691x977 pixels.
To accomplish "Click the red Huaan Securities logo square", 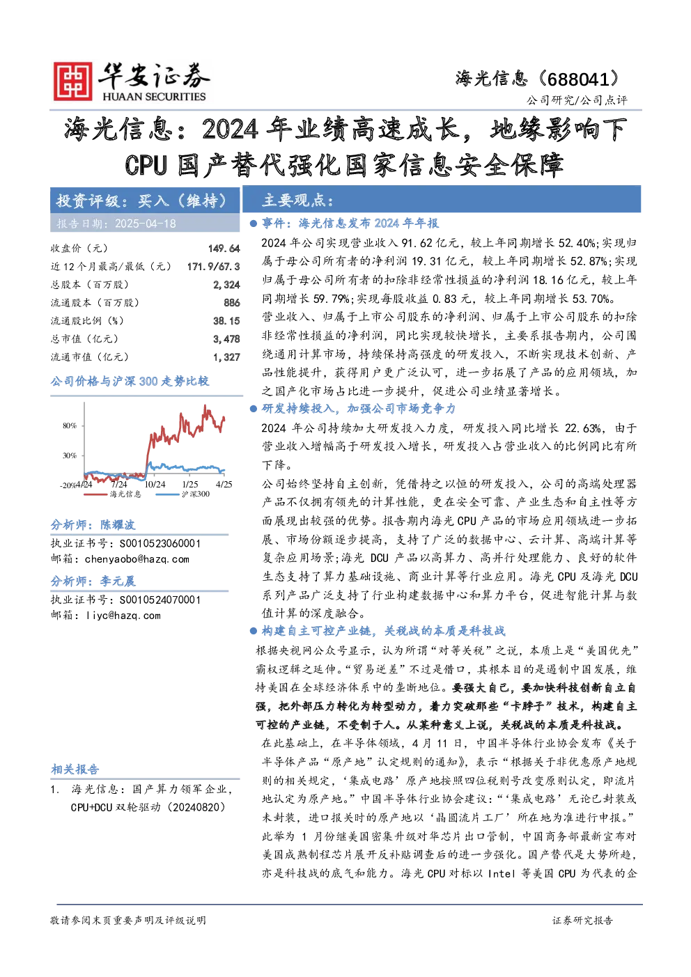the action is pos(73,81).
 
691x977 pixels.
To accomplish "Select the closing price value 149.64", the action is pos(224,249).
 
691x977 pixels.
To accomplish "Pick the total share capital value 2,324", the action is pos(227,285).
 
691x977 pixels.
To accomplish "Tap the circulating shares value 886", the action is pos(232,303).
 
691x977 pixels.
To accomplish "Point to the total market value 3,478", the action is pos(227,339).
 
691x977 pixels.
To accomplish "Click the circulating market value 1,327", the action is pos(227,357).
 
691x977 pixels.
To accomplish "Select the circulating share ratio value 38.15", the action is pos(227,321).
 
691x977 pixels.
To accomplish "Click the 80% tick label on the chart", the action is pos(70,425).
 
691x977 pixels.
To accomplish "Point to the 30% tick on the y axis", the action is pos(70,456).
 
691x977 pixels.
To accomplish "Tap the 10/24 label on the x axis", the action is pos(155,485).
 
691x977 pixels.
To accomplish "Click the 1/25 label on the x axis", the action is pos(189,485).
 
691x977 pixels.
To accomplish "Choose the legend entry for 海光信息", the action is pos(112,494).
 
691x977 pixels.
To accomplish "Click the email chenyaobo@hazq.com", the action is pos(137,560).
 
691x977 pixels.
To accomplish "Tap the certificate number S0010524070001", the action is pos(160,600).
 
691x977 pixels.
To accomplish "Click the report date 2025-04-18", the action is pos(146,224).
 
